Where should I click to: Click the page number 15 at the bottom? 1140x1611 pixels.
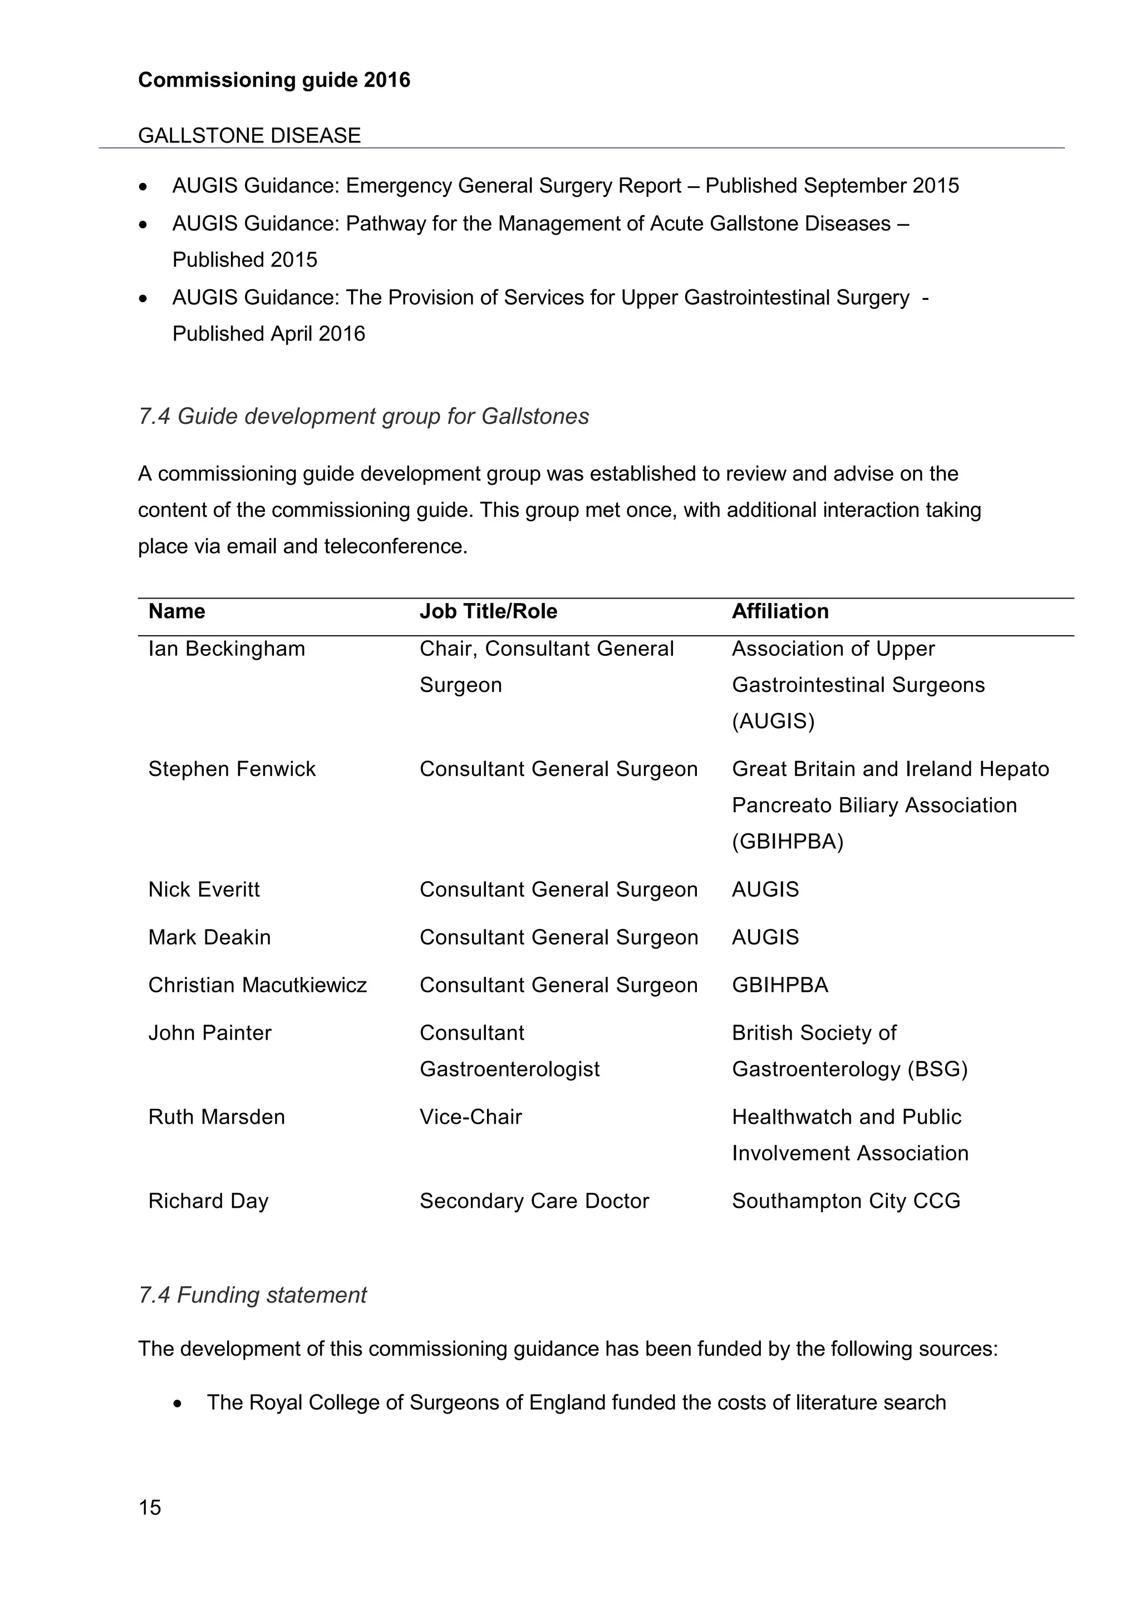(x=150, y=1507)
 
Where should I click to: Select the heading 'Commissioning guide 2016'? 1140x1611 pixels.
(x=274, y=80)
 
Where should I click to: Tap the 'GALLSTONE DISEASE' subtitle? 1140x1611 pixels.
(x=249, y=135)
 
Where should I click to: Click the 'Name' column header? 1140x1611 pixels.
(x=177, y=611)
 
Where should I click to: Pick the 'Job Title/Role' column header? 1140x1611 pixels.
(x=488, y=611)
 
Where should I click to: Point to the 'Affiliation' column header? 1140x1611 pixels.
(x=780, y=611)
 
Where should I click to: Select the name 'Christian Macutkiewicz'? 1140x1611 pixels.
(x=258, y=985)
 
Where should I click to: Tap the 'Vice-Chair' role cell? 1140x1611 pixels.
(x=470, y=1117)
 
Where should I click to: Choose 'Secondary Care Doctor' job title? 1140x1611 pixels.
(x=534, y=1201)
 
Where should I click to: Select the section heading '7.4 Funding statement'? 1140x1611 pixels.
(x=253, y=1295)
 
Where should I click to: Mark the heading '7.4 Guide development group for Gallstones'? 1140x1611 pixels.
(x=363, y=417)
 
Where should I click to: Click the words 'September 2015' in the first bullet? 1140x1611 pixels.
(x=881, y=186)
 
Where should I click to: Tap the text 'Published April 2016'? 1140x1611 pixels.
(x=269, y=334)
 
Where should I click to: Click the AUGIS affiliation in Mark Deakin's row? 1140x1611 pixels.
(x=765, y=937)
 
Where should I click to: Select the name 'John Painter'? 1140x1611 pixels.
(x=209, y=1033)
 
